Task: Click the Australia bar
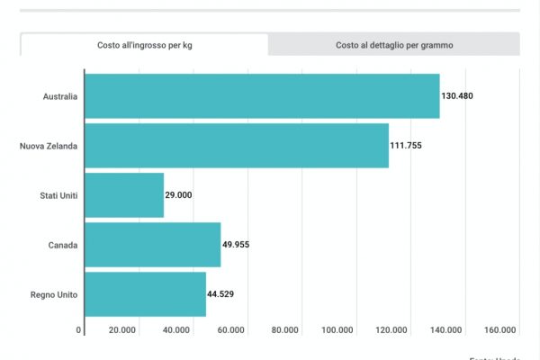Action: coord(262,96)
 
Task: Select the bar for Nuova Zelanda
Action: coord(237,146)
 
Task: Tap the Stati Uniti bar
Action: coord(124,195)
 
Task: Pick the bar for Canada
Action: coord(152,245)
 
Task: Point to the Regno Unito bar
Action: coord(145,294)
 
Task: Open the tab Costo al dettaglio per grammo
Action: coord(394,44)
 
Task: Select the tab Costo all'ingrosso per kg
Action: coord(144,44)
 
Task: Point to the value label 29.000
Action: coord(178,195)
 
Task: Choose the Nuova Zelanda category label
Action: coord(49,146)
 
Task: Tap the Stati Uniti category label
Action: coord(58,195)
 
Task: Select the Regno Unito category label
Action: coord(55,294)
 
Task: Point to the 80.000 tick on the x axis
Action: coord(284,330)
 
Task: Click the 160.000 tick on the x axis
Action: coord(500,330)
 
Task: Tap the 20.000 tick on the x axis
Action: coord(122,330)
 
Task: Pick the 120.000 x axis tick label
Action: coord(392,330)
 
